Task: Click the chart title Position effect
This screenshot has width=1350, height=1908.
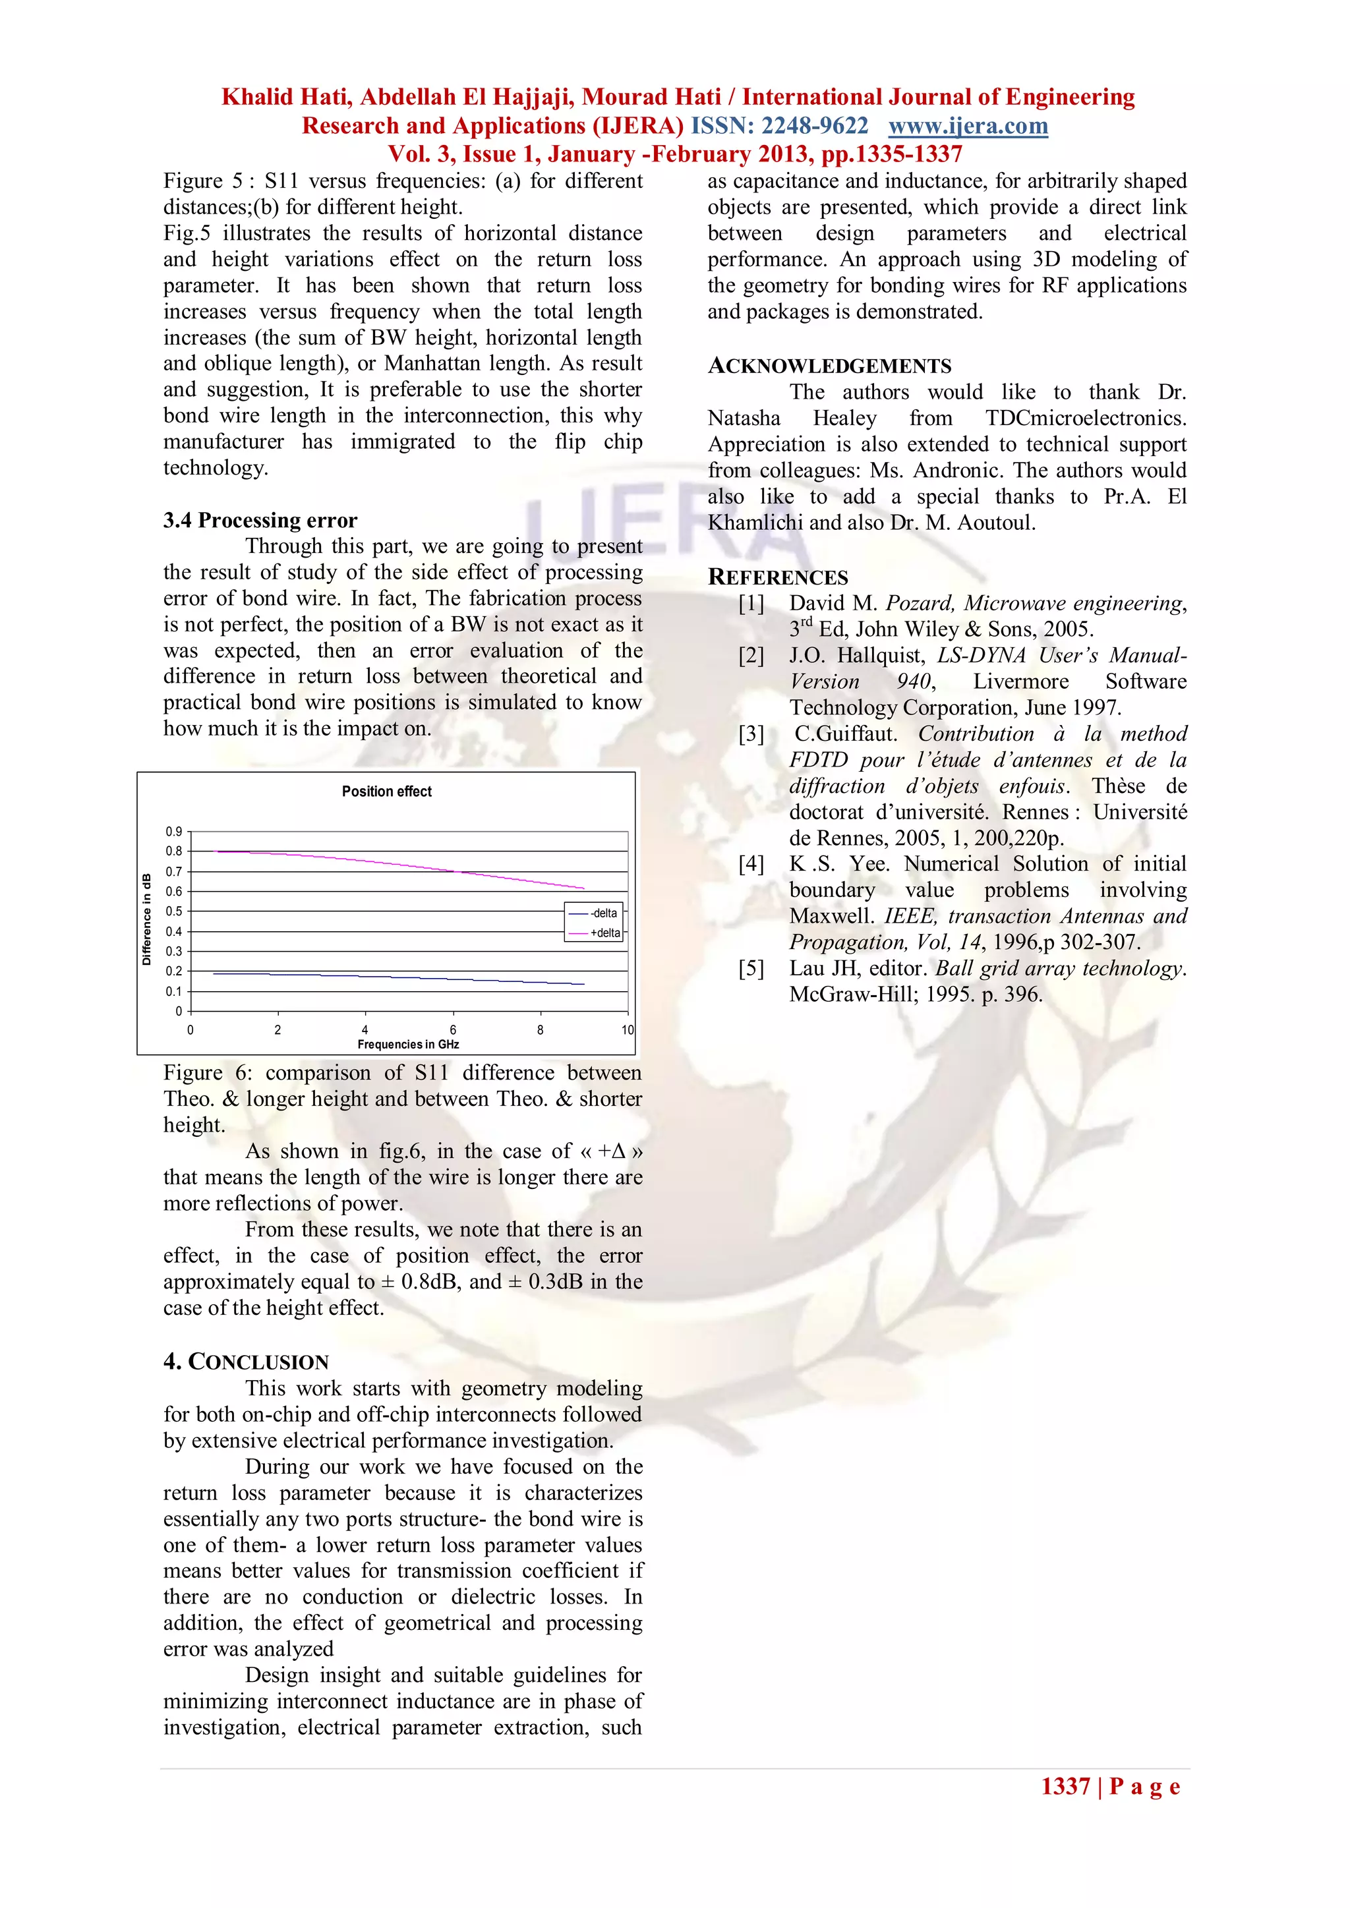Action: [386, 791]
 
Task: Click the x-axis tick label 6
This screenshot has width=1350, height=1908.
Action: [453, 1029]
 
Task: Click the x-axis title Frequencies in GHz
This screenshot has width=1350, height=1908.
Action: [408, 1045]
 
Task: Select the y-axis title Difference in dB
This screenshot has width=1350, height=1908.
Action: [147, 919]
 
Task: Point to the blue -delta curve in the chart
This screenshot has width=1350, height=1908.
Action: [374, 977]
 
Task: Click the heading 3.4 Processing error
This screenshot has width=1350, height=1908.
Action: [260, 520]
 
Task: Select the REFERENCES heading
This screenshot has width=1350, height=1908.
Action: [777, 577]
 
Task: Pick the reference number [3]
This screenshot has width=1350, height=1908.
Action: [751, 734]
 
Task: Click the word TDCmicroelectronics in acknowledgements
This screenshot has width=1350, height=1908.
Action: [1085, 418]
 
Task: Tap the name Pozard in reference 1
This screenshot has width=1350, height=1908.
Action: [918, 603]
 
